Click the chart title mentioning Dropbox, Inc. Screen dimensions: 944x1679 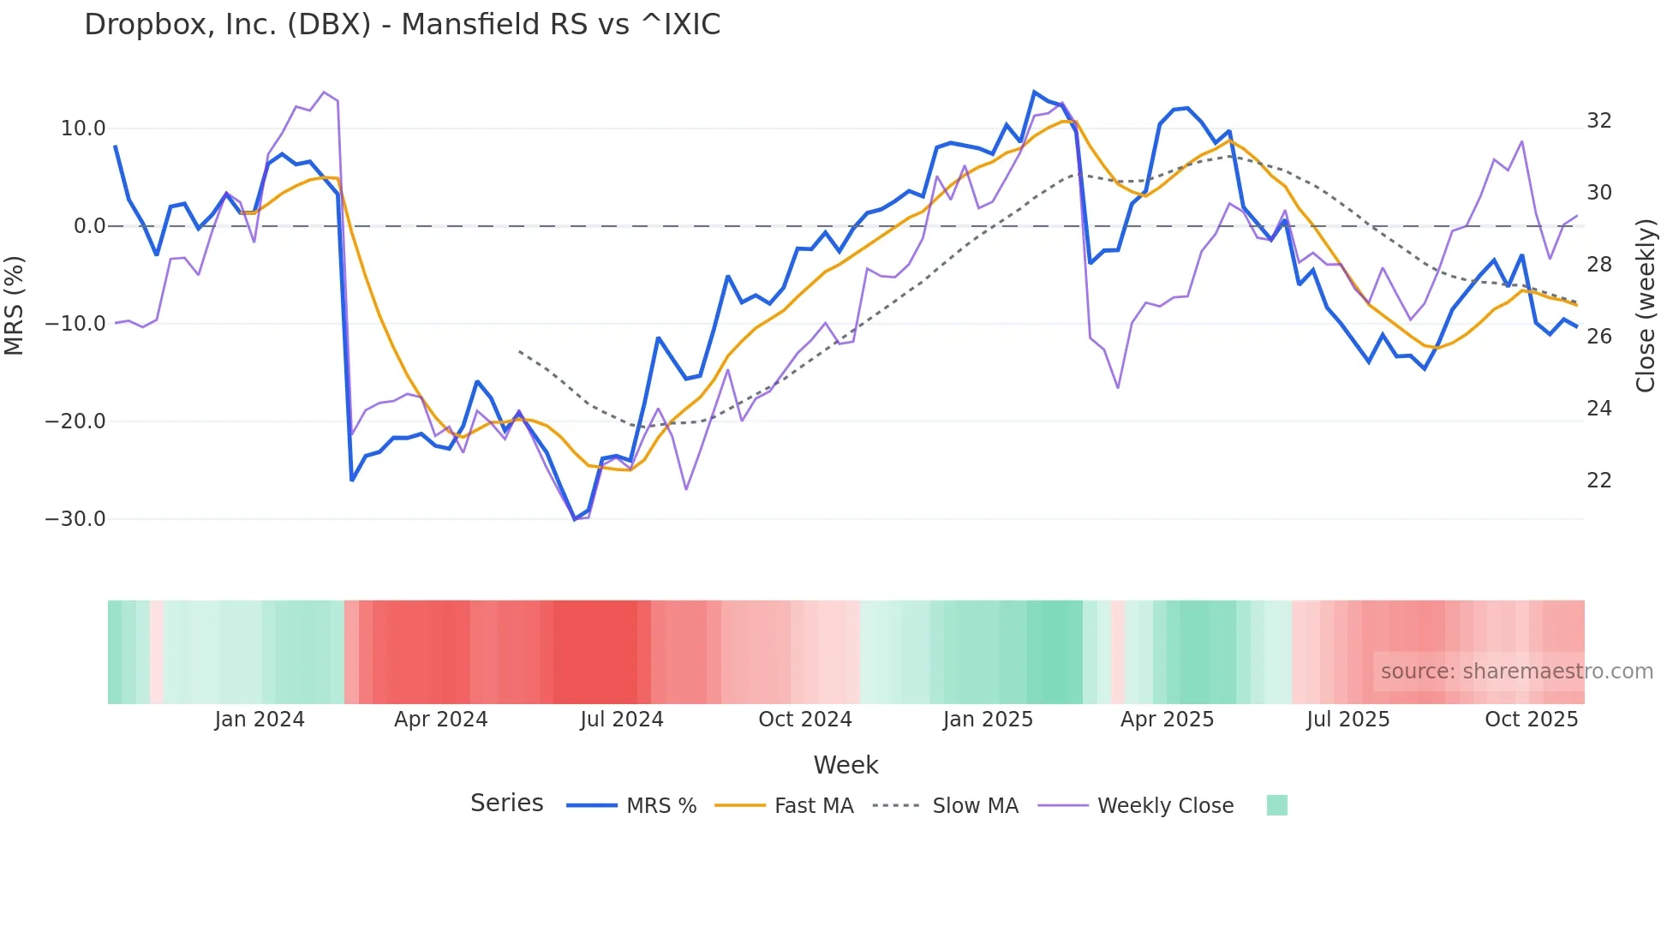coord(402,25)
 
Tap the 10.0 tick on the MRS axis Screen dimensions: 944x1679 coord(83,128)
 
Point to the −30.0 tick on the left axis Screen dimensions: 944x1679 coord(75,519)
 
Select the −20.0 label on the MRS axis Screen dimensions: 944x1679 coord(75,421)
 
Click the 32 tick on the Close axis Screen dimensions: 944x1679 coord(1598,121)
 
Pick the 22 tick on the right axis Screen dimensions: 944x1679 coord(1598,481)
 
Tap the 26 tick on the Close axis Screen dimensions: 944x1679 coord(1598,337)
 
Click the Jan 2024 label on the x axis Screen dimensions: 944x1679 coord(260,720)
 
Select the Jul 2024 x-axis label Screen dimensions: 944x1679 coord(622,720)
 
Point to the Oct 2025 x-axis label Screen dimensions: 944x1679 coord(1531,720)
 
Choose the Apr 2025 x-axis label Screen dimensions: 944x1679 coord(1167,720)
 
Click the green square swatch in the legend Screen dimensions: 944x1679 coord(1276,805)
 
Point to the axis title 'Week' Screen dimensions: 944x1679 coord(845,765)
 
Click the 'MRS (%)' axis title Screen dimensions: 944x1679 coord(15,305)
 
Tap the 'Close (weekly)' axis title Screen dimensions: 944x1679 coord(1646,305)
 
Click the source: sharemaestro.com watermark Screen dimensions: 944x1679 coord(1516,672)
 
